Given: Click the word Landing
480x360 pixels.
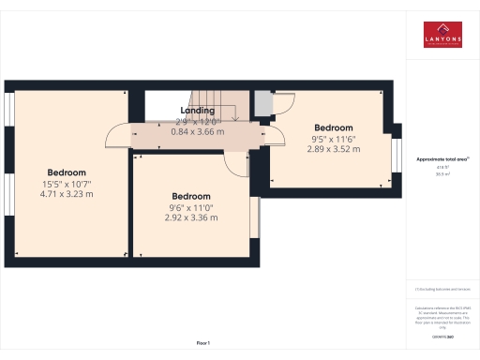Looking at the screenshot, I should pyautogui.click(x=198, y=111).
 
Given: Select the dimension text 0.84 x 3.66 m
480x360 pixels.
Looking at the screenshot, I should pyautogui.click(x=198, y=132).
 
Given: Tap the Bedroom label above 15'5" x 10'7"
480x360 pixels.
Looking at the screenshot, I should pyautogui.click(x=67, y=172).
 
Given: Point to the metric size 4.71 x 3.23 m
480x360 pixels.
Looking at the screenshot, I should pyautogui.click(x=67, y=194).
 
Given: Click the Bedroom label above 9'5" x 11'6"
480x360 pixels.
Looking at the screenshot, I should pyautogui.click(x=333, y=127).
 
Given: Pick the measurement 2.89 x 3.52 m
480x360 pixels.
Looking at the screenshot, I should pyautogui.click(x=333, y=148).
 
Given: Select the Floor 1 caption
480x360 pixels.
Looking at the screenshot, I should pyautogui.click(x=203, y=344).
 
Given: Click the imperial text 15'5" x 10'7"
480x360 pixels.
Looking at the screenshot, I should pyautogui.click(x=67, y=184).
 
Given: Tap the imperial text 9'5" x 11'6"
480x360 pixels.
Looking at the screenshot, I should pyautogui.click(x=333, y=138).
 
